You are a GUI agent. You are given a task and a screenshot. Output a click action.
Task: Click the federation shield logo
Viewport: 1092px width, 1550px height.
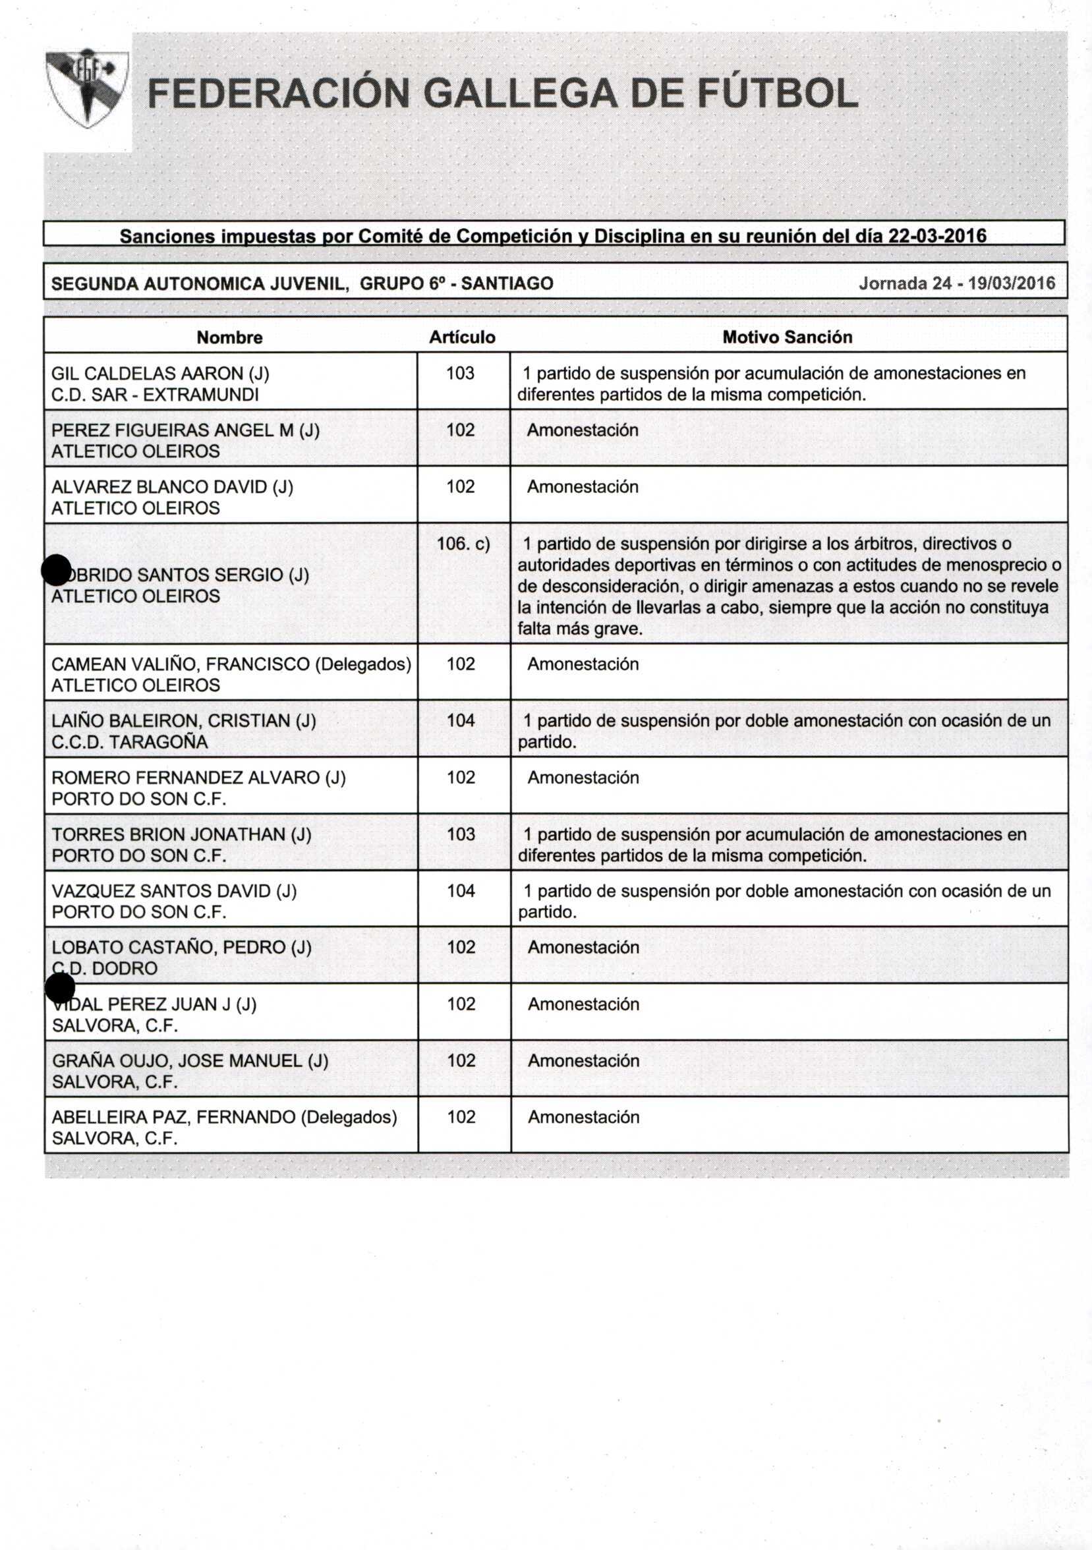(87, 88)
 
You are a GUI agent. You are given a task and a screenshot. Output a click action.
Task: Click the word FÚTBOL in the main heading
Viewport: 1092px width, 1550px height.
(777, 94)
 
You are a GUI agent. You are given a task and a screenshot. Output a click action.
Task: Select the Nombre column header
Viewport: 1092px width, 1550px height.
(229, 337)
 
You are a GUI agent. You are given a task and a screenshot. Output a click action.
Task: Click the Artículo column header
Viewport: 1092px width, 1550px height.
(463, 337)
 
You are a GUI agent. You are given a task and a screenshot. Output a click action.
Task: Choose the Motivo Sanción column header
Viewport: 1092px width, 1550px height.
(787, 337)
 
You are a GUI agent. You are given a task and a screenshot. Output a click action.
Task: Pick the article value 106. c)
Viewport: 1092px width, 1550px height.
(463, 544)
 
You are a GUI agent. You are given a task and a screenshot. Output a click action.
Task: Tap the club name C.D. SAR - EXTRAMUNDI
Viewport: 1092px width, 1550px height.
(155, 395)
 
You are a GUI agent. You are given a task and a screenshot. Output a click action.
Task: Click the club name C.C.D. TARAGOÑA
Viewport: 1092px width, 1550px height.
(129, 742)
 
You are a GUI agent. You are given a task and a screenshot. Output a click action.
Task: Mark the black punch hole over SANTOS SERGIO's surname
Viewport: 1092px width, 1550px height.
(56, 571)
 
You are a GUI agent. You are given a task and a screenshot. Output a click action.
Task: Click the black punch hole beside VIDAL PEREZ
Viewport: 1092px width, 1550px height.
(60, 989)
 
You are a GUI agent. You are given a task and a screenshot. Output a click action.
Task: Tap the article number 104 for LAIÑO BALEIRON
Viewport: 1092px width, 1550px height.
(461, 720)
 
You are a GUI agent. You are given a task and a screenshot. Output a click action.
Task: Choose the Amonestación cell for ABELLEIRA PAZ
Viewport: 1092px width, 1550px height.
(583, 1116)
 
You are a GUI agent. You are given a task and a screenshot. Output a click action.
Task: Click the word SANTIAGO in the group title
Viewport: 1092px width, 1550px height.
(507, 283)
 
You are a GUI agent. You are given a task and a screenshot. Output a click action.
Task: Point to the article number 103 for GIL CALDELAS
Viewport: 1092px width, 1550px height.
(460, 373)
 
